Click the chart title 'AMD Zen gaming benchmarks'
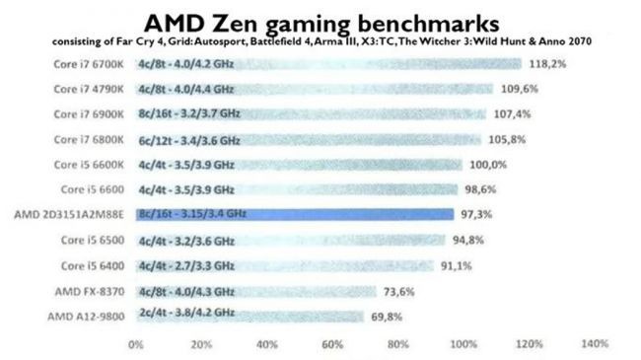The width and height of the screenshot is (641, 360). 320,21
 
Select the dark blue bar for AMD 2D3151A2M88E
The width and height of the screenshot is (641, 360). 296,214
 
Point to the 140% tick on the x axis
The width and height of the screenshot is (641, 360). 594,344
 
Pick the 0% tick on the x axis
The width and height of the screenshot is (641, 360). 136,344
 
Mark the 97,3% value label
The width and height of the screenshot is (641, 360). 474,214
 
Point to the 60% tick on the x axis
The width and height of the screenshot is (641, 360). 332,344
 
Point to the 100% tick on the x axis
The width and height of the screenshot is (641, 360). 463,344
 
